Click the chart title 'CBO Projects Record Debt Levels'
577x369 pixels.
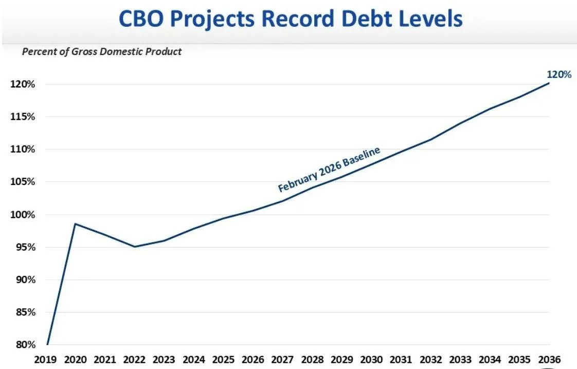click(291, 19)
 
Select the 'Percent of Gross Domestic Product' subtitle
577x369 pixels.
click(102, 51)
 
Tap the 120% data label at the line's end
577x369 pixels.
click(558, 75)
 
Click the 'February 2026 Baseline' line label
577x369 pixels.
click(329, 169)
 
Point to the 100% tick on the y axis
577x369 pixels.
click(23, 215)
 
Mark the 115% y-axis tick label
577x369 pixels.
click(23, 117)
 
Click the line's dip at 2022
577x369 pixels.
click(135, 247)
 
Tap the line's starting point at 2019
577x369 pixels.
click(47, 344)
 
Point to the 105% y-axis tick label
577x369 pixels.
click(23, 182)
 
